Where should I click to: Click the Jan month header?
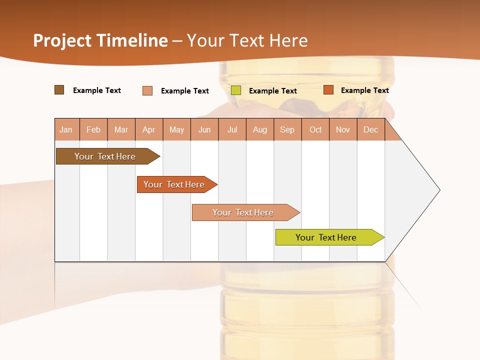pos(66,129)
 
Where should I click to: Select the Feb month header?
pos(93,129)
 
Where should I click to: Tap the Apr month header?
pos(148,129)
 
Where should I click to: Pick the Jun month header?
pos(204,129)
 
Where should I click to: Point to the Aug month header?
pos(259,129)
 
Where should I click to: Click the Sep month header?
pos(287,129)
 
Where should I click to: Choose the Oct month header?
pos(315,129)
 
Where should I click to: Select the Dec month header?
pos(370,129)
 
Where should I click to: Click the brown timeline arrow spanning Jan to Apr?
pos(105,156)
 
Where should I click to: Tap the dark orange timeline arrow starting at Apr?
pos(174,184)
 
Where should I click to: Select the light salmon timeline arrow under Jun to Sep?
pos(243,212)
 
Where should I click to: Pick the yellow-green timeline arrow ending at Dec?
pos(326,237)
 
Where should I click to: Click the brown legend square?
pos(59,90)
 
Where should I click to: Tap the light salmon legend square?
pos(147,90)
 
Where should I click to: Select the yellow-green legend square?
pos(236,90)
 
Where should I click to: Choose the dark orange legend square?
pos(328,90)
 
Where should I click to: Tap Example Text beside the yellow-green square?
pos(272,91)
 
